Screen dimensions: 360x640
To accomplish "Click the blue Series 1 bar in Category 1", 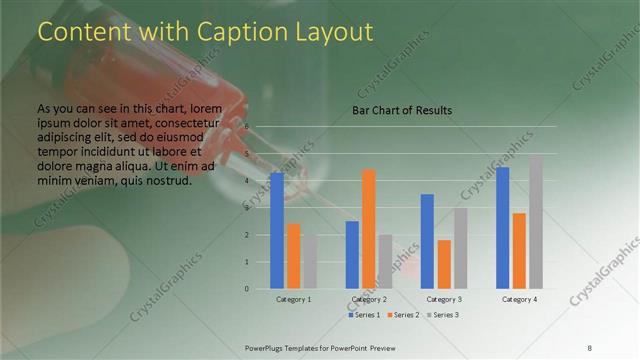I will pos(276,231).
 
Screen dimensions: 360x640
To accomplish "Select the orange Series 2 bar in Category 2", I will pos(369,229).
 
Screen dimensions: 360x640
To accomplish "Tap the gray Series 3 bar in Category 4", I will pos(536,222).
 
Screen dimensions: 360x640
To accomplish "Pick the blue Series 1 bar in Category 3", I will pos(427,241).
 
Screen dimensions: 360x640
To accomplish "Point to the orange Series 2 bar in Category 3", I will pos(444,264).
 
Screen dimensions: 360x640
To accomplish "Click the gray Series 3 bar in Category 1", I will pos(310,262).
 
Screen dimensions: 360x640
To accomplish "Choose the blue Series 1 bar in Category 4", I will pos(502,228).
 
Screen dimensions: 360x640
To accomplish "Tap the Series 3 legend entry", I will pos(443,315).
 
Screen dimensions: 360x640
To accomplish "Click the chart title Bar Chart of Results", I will pos(402,110).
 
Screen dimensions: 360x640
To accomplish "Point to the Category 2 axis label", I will pos(369,299).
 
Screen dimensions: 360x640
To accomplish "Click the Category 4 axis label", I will pos(519,299).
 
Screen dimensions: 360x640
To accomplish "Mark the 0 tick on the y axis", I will pos(247,289).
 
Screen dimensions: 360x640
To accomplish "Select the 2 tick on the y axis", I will pos(247,235).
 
